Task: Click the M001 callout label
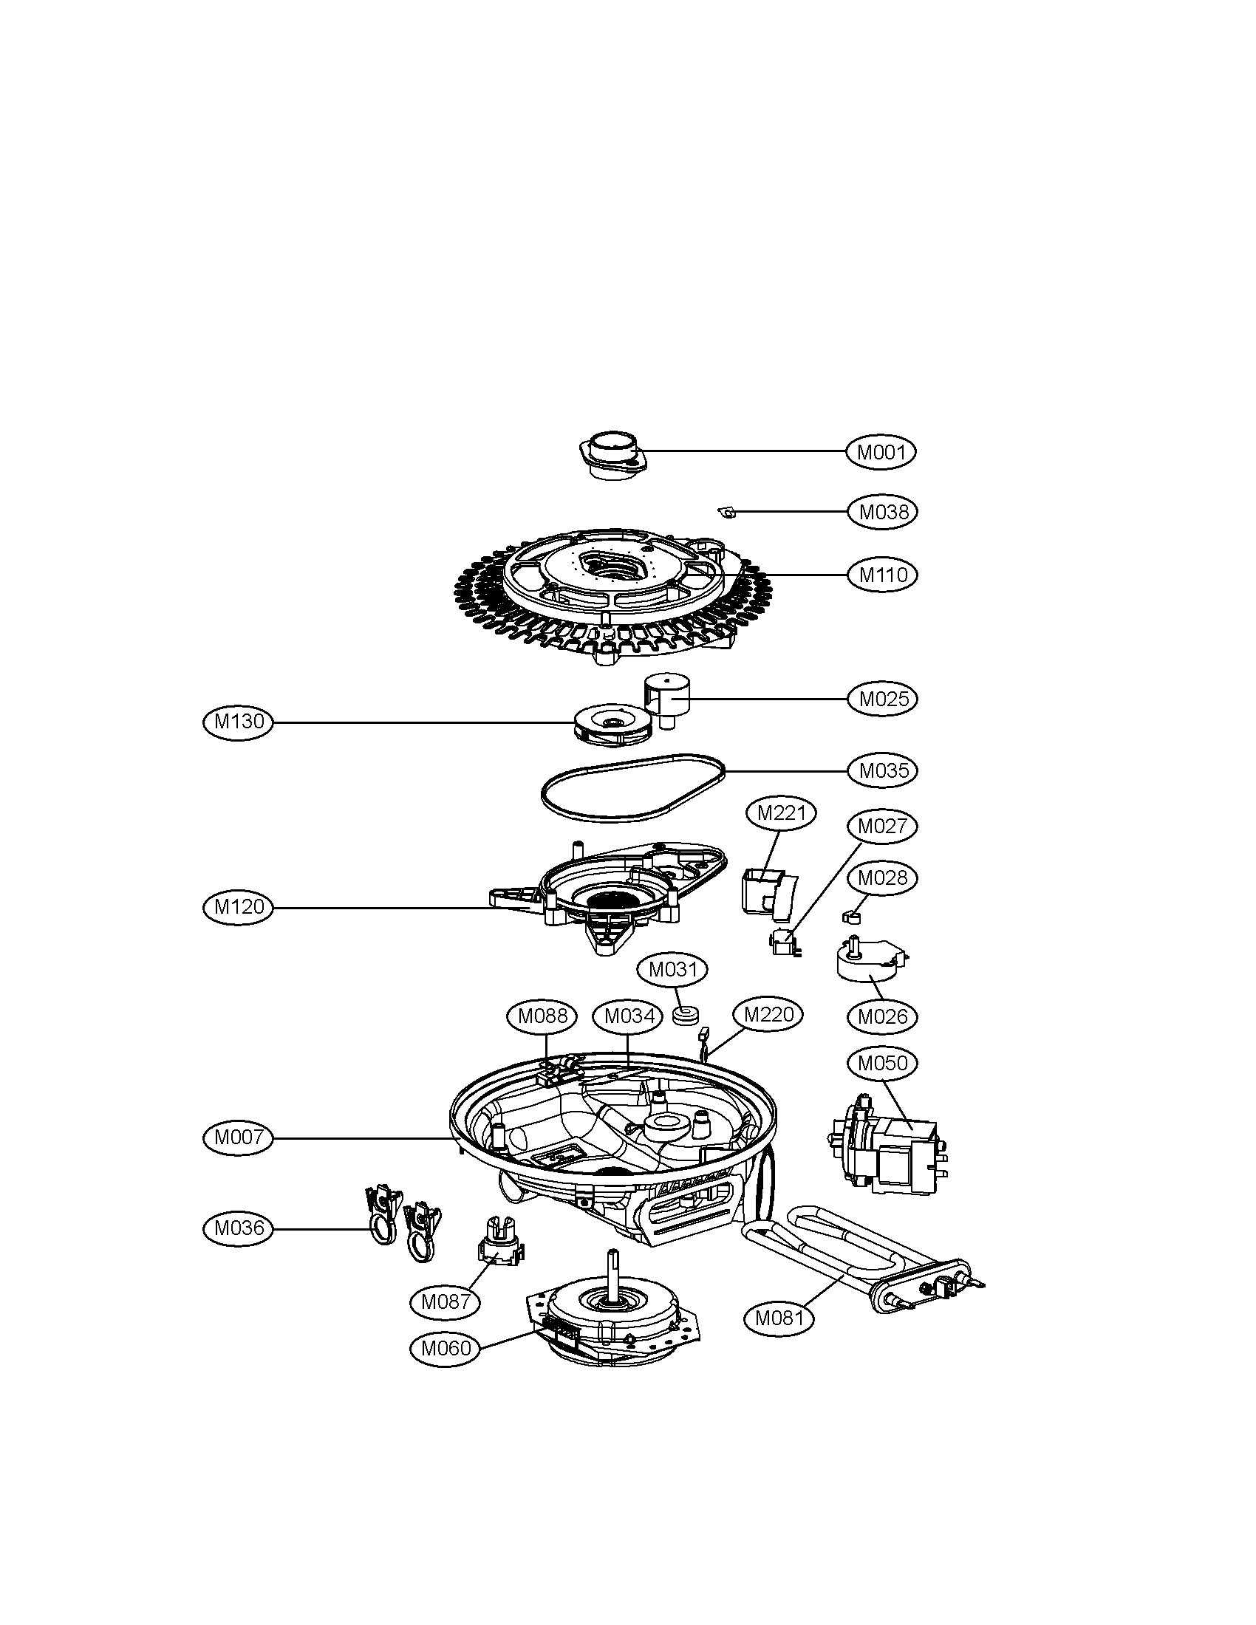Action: pos(881,451)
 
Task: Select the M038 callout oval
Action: pos(883,512)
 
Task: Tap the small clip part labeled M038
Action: pos(727,511)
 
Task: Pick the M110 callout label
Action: pos(883,575)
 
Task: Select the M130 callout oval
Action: pos(239,721)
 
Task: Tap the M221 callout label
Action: pos(781,813)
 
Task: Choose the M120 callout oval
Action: pos(239,907)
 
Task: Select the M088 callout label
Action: pos(542,1016)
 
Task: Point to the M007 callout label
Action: pos(239,1137)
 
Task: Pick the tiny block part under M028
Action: pos(850,916)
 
